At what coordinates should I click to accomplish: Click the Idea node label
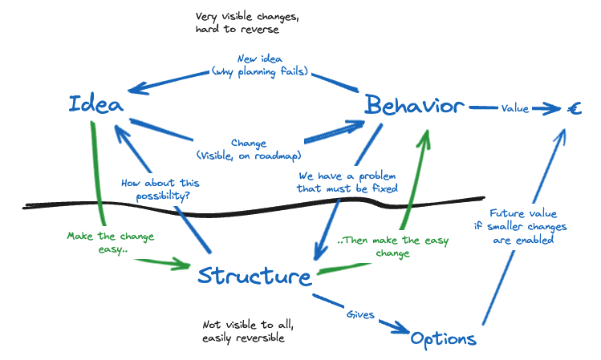pyautogui.click(x=95, y=104)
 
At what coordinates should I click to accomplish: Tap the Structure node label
pyautogui.click(x=254, y=276)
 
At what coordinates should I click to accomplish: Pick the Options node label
pyautogui.click(x=443, y=338)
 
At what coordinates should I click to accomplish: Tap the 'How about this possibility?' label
pyautogui.click(x=160, y=188)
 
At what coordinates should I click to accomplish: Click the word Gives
pyautogui.click(x=359, y=315)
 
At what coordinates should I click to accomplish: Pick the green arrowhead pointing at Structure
pyautogui.click(x=182, y=263)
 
